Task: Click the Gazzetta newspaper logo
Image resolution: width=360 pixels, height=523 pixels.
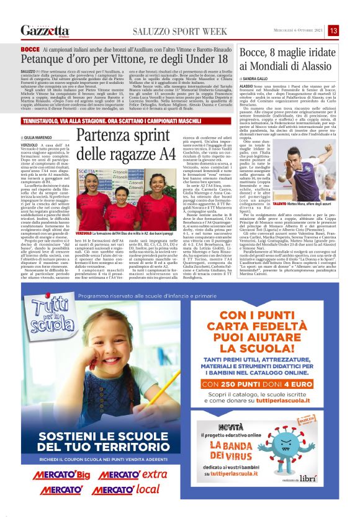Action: click(45, 30)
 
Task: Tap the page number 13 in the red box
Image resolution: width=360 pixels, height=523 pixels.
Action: click(333, 30)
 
